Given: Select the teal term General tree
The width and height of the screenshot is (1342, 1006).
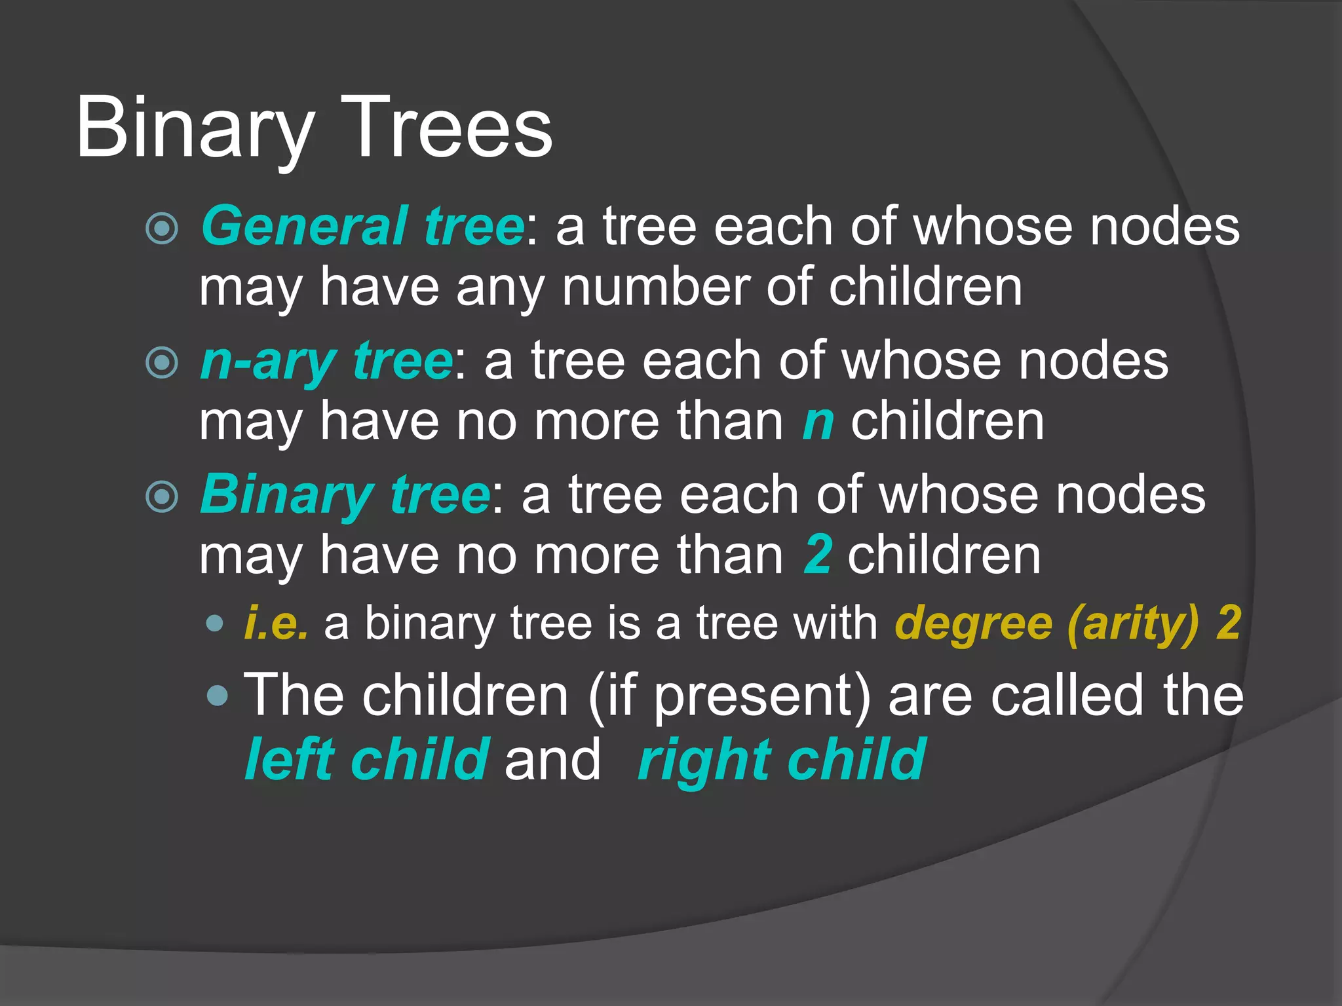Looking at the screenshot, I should click(x=362, y=227).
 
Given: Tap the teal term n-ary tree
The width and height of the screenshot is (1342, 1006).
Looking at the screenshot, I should click(x=326, y=361).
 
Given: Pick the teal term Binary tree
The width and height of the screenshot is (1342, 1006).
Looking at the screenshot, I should click(x=345, y=494).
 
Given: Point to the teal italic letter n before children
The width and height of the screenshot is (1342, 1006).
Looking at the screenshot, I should click(x=818, y=423).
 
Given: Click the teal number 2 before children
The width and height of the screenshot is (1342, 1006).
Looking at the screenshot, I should click(x=818, y=555).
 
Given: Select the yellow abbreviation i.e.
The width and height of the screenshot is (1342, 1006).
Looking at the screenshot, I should click(x=276, y=623).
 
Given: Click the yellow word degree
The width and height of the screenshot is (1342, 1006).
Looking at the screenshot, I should click(x=973, y=623).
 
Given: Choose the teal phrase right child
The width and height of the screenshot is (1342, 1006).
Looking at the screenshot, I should click(x=782, y=760).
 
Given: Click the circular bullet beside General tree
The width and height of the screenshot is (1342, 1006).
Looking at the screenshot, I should click(x=161, y=229).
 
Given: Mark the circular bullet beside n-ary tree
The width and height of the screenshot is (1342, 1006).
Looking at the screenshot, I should click(x=161, y=363).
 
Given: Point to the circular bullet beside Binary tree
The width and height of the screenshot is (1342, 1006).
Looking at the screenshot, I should click(x=161, y=496).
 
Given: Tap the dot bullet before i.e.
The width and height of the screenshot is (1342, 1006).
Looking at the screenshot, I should click(x=214, y=623).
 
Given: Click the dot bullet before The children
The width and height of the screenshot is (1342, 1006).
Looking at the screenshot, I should click(x=217, y=696).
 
